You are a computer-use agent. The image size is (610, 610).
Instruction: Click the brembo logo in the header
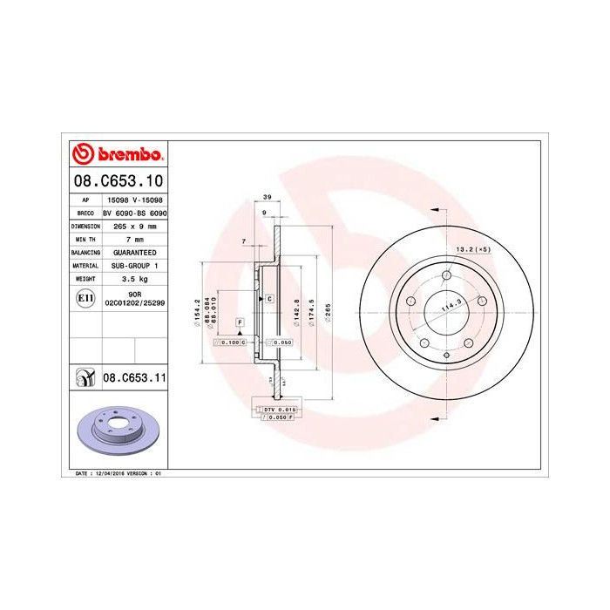pos(117,155)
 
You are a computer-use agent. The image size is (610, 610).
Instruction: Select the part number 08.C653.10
pos(117,181)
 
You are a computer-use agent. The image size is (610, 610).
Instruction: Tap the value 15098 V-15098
pos(134,200)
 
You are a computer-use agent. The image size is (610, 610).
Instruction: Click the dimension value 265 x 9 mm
pos(134,226)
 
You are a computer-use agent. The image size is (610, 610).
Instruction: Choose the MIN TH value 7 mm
pos(134,239)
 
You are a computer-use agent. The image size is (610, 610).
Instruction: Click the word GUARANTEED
pos(134,252)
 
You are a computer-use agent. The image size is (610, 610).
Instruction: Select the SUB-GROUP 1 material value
pos(134,265)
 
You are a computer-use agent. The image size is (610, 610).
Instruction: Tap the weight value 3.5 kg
pos(134,278)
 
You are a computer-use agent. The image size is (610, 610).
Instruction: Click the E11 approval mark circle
pos(85,298)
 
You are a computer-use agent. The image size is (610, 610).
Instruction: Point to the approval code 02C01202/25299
pos(134,302)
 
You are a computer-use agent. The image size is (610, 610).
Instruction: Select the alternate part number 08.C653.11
pos(134,378)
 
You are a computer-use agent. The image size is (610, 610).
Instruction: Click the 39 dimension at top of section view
pos(268,199)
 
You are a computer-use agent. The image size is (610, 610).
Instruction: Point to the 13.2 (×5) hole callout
pos(474,250)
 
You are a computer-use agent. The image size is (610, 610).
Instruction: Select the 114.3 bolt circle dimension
pos(451,307)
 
